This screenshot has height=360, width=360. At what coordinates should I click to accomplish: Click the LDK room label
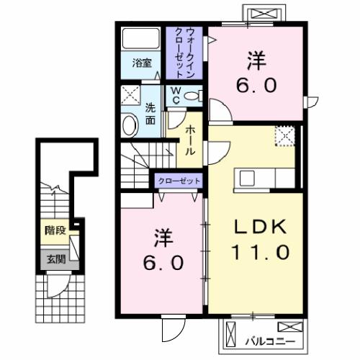pyautogui.click(x=261, y=226)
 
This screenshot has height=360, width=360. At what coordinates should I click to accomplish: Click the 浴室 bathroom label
pyautogui.click(x=142, y=63)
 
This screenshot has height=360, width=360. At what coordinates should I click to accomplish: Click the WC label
pyautogui.click(x=174, y=97)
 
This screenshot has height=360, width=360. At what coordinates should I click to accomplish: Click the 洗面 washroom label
pyautogui.click(x=150, y=114)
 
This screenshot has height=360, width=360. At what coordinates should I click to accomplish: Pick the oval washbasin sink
pyautogui.click(x=130, y=126)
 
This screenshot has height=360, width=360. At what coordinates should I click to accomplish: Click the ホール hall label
pyautogui.click(x=189, y=141)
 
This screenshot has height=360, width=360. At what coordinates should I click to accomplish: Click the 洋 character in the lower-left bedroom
pyautogui.click(x=163, y=238)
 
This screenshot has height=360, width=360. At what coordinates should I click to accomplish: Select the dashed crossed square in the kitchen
pyautogui.click(x=286, y=136)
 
